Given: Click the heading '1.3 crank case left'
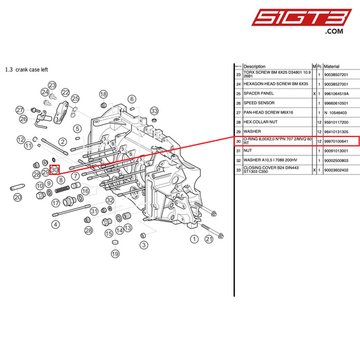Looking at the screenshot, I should [26, 69].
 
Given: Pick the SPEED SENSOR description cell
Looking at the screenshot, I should [259, 103].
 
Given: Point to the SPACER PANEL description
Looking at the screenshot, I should [259, 94].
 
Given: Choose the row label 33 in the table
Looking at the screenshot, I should [238, 170].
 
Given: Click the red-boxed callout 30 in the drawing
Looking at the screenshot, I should [55, 170].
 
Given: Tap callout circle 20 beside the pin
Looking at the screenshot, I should [18, 197].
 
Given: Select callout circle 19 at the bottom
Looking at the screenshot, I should [115, 254].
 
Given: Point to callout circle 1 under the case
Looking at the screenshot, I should [194, 238].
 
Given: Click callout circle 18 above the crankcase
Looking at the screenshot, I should [103, 95].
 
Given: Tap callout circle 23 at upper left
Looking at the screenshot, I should [52, 86].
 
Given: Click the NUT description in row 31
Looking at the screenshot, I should [247, 151].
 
